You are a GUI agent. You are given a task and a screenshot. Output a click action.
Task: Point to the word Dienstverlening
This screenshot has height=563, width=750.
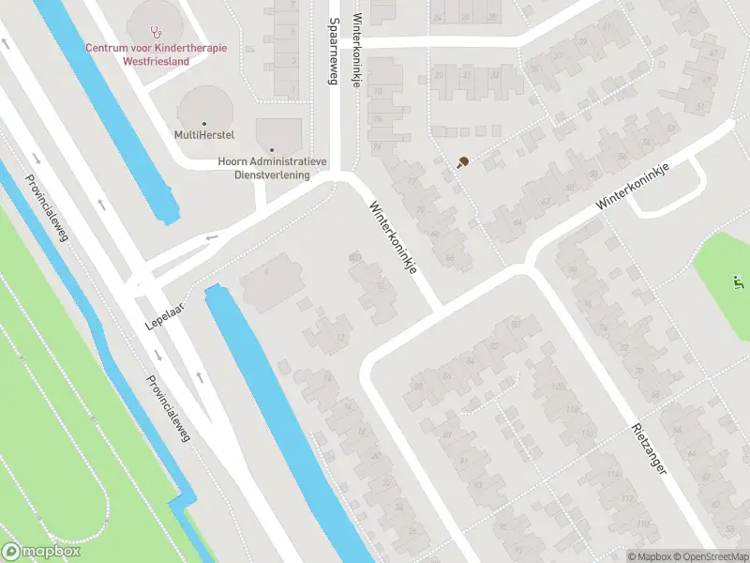[273, 175]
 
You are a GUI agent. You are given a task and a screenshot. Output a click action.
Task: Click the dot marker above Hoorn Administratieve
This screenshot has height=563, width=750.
[272, 149]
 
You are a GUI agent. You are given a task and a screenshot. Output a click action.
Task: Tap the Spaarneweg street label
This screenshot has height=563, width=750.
[332, 52]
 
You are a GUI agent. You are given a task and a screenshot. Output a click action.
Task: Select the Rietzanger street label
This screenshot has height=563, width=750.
[648, 448]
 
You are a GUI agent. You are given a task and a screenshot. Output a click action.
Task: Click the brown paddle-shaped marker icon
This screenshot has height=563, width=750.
[462, 162]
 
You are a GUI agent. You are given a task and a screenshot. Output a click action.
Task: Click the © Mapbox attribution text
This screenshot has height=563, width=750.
[649, 556]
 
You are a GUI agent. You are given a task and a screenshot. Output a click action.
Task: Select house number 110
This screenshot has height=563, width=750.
[642, 524]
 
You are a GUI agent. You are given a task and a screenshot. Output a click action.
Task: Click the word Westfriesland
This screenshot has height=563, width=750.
[157, 61]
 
